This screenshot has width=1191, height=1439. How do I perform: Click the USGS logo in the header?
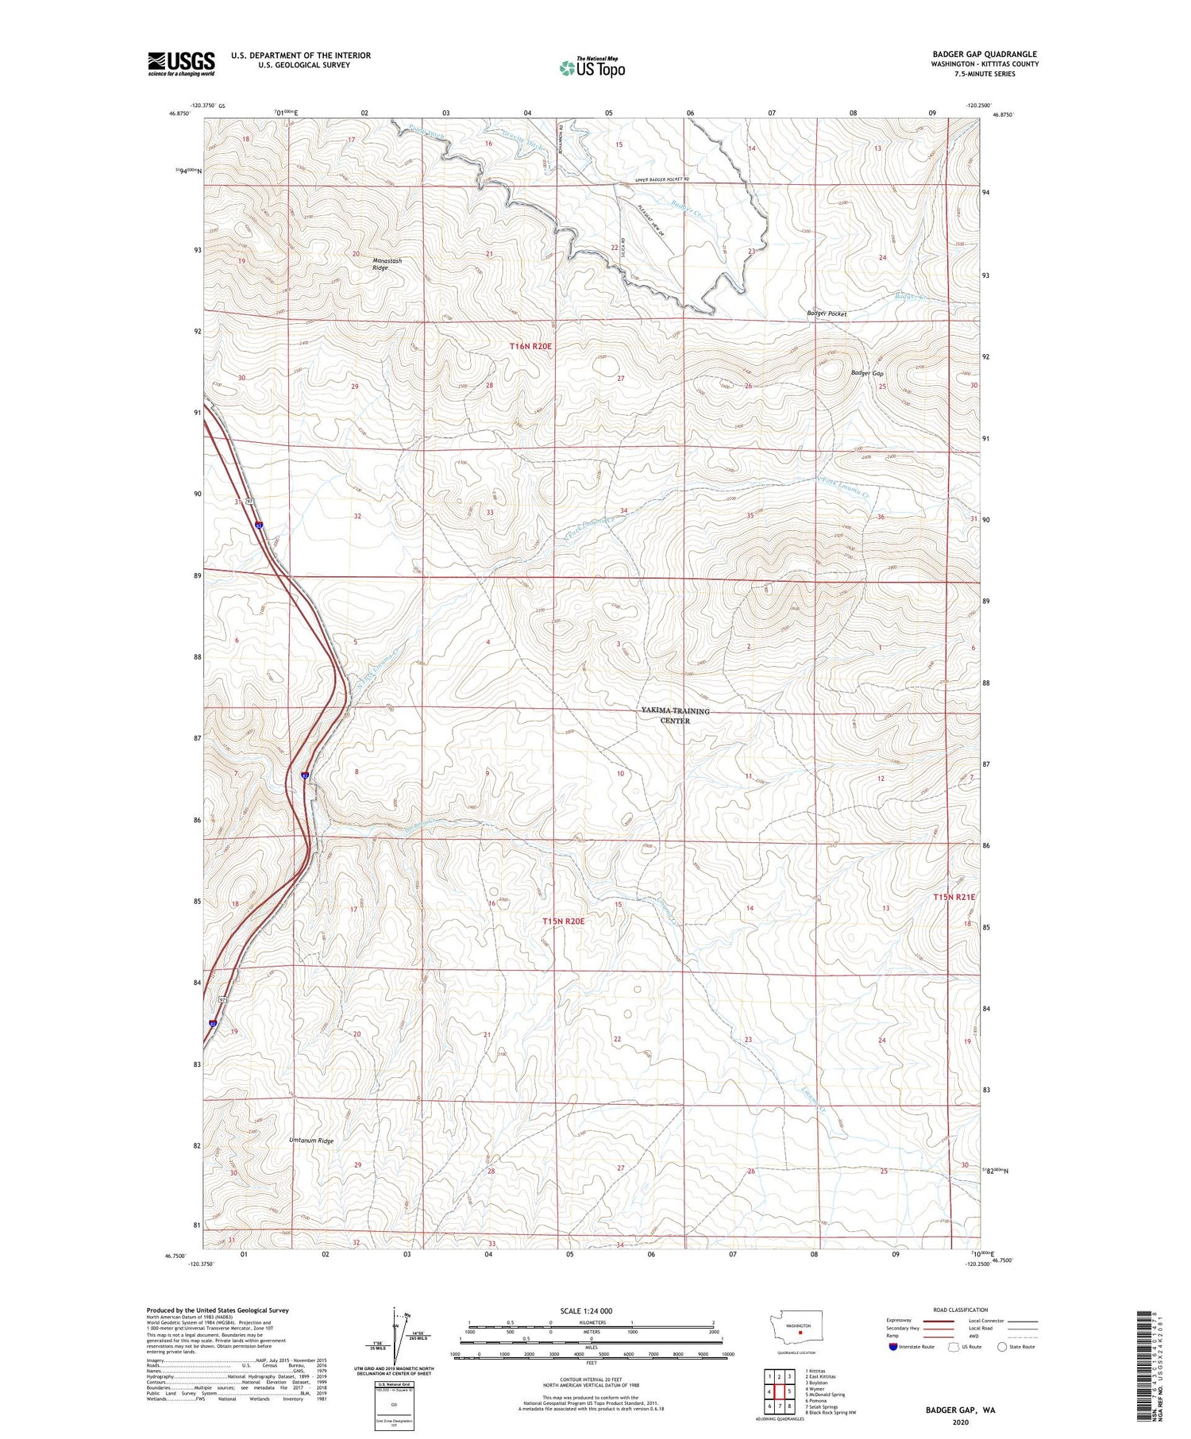[181, 63]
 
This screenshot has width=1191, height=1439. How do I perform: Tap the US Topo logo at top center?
[592, 67]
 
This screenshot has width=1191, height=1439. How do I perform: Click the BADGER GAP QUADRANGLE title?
[985, 54]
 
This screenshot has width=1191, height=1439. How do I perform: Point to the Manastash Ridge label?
[387, 264]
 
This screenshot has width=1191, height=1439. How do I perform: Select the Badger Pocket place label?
[827, 314]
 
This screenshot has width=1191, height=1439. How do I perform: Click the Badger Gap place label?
[867, 373]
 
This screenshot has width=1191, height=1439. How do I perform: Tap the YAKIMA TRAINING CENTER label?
[675, 715]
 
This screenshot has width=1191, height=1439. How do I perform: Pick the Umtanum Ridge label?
[311, 1141]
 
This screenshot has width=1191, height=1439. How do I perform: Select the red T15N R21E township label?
[954, 897]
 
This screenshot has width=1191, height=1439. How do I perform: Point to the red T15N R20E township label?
[563, 921]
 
